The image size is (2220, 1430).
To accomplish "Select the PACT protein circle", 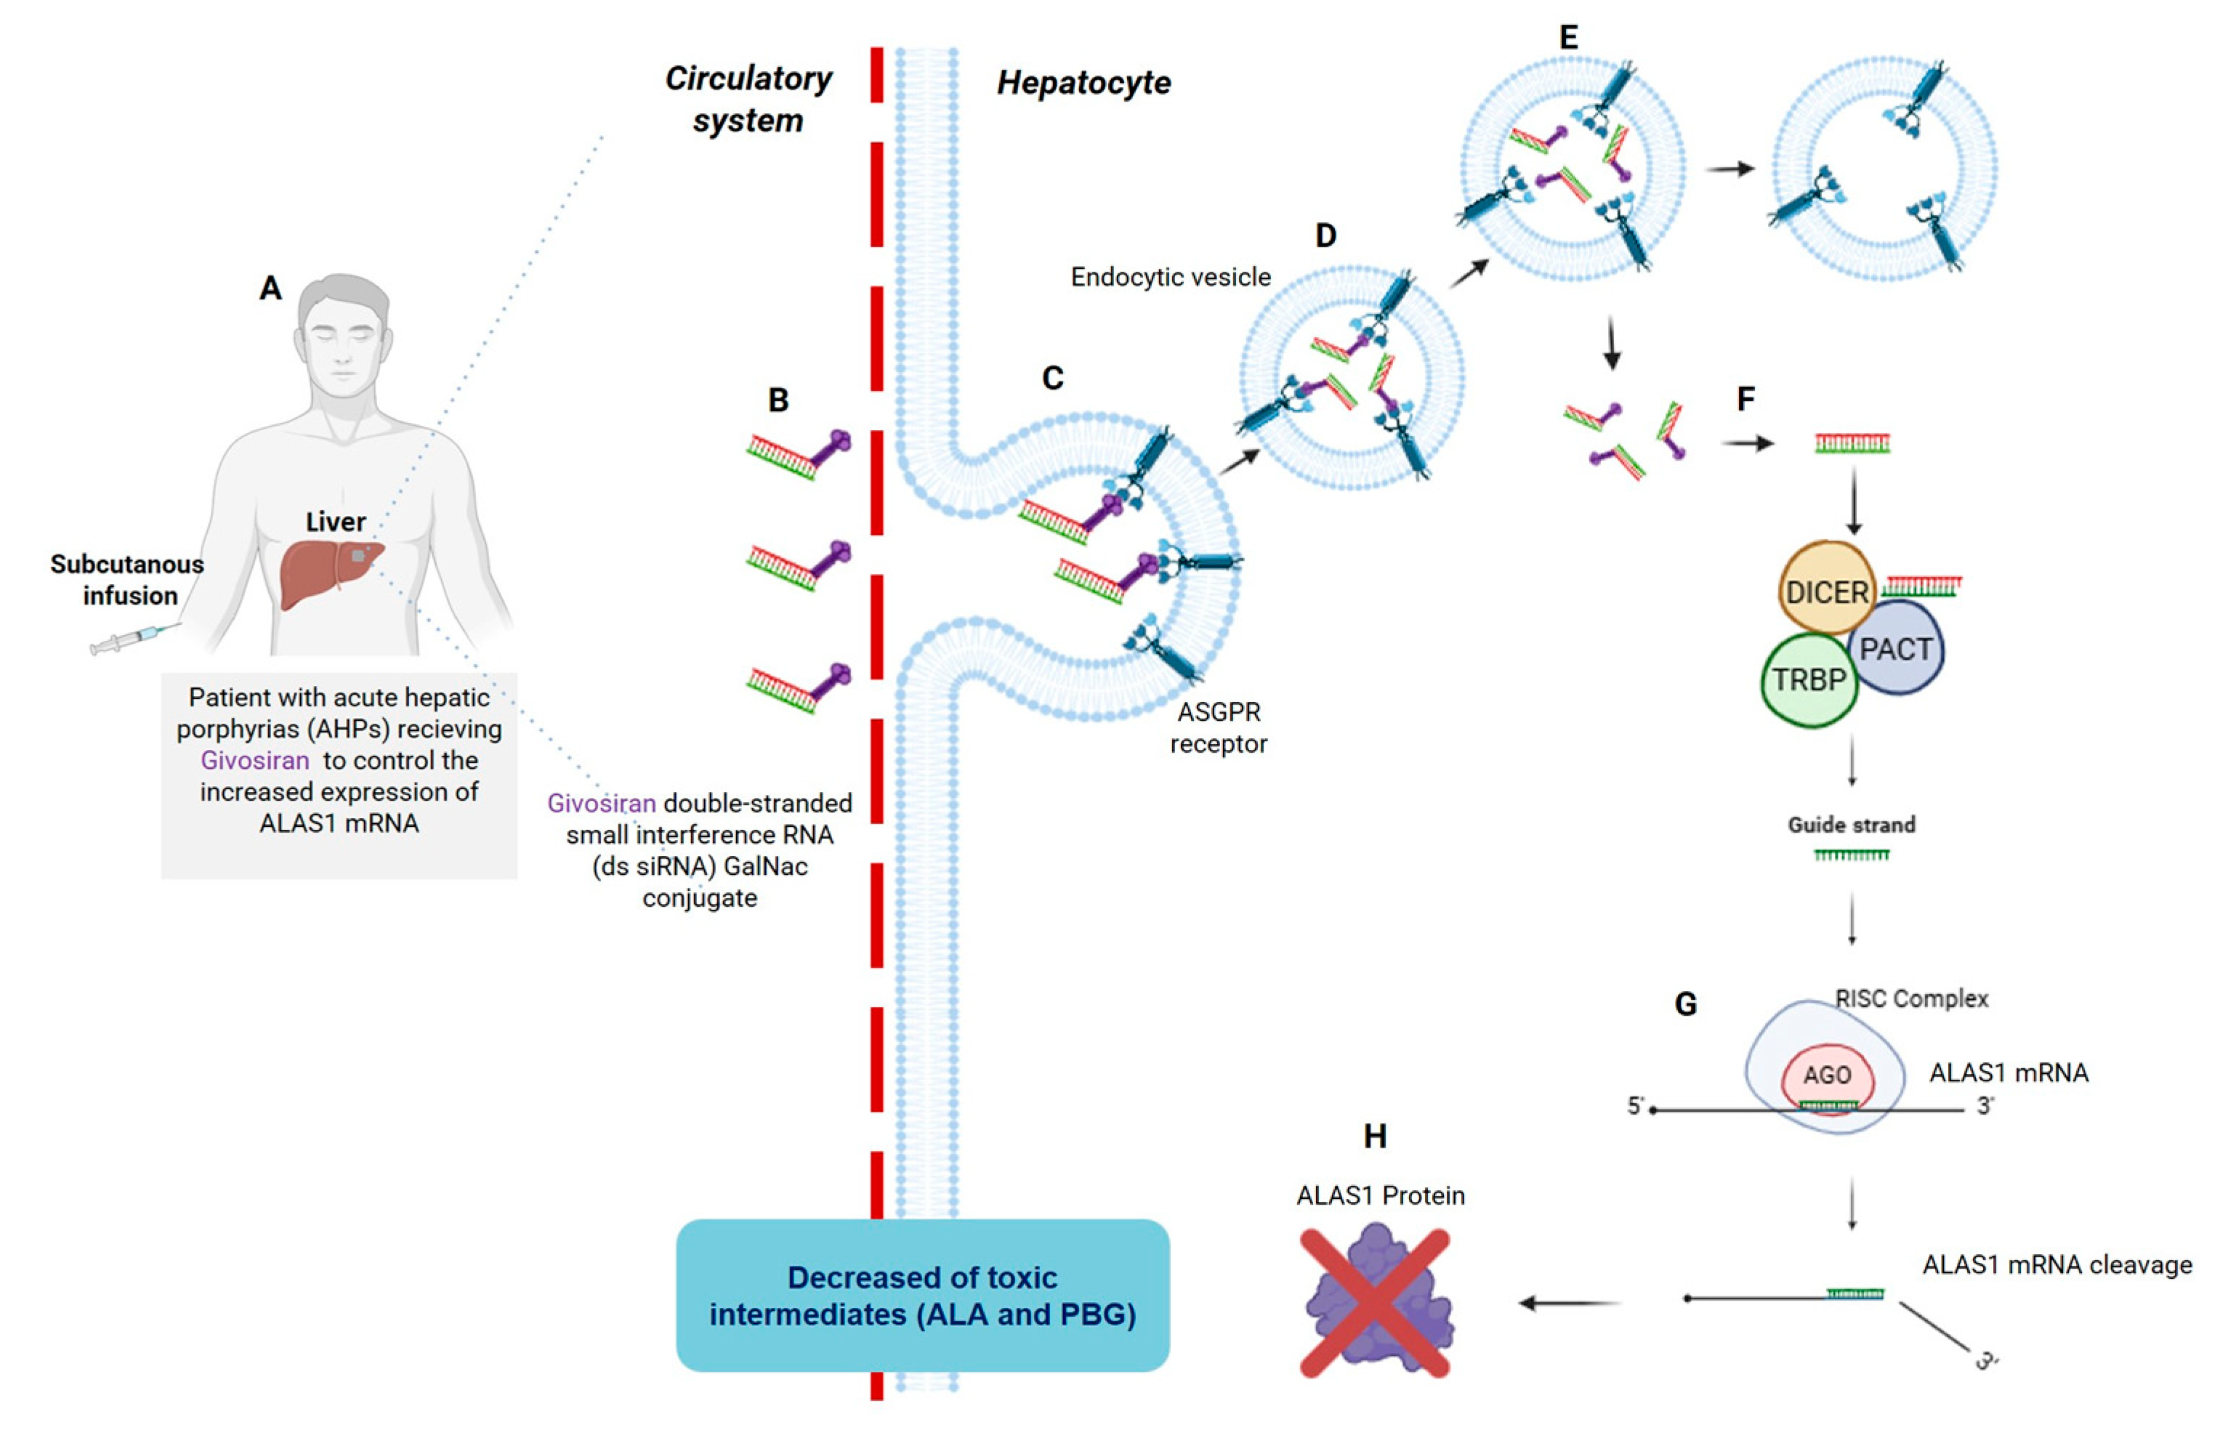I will click(1896, 649).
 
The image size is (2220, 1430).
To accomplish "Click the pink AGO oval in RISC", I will click(1826, 1076).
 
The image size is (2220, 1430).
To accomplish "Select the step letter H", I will click(1374, 1136).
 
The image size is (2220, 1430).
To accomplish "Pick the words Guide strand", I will click(1850, 825).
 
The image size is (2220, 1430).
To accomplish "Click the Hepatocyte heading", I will click(1083, 83).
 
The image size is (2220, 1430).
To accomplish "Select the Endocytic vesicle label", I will click(1170, 277).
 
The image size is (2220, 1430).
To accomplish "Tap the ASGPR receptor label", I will click(1218, 727).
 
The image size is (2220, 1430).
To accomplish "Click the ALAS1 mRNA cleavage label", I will click(2056, 1265).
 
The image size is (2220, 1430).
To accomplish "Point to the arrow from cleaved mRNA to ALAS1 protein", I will click(1569, 1303).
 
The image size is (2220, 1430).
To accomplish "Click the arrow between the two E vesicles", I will click(1729, 169).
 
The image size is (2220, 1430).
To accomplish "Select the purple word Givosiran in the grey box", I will click(254, 761).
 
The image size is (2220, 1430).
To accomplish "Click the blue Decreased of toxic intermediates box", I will click(922, 1296).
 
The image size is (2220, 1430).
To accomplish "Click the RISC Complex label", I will click(1912, 999).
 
